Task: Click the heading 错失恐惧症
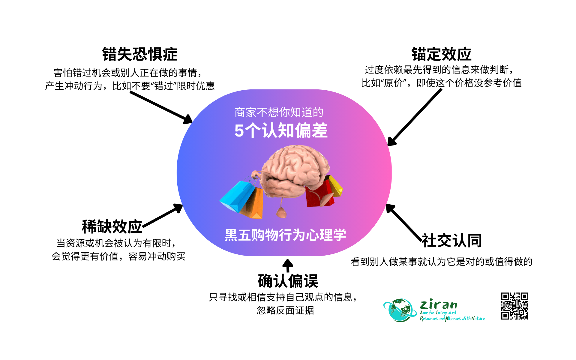pyautogui.click(x=140, y=54)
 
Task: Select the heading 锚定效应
pyautogui.click(x=441, y=54)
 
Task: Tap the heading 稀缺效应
pyautogui.click(x=112, y=227)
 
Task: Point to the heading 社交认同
pyautogui.click(x=452, y=241)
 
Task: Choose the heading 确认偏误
pyautogui.click(x=288, y=281)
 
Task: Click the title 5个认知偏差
pyautogui.click(x=281, y=131)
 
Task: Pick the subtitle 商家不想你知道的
pyautogui.click(x=279, y=112)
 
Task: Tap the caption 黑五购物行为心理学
pyautogui.click(x=285, y=235)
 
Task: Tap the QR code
pyautogui.click(x=514, y=306)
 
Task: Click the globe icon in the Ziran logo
pyautogui.click(x=400, y=310)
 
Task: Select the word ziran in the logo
pyautogui.click(x=439, y=304)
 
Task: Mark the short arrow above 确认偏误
pyautogui.click(x=288, y=265)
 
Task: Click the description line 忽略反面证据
pyautogui.click(x=285, y=310)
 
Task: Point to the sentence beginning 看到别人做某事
pyautogui.click(x=441, y=262)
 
